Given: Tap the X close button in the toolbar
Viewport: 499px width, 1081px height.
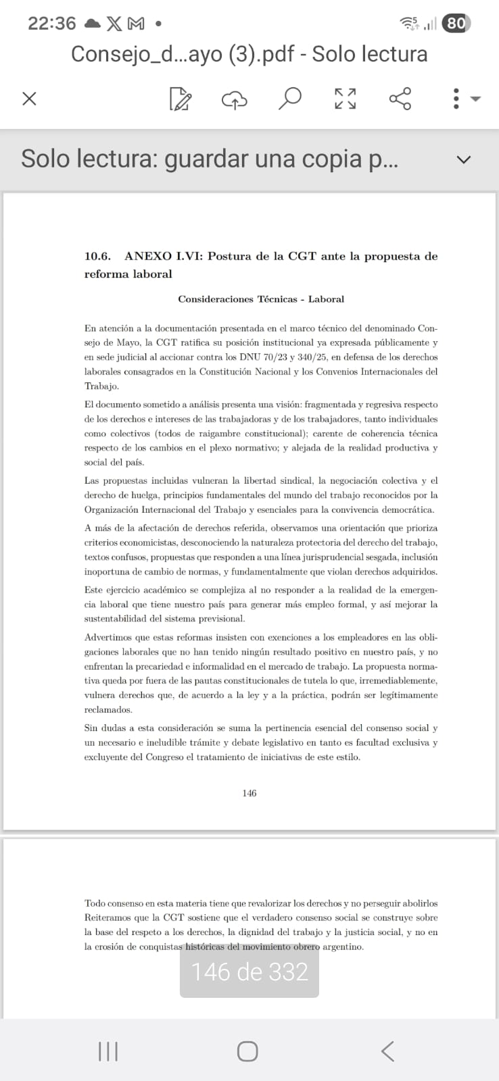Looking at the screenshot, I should point(29,99).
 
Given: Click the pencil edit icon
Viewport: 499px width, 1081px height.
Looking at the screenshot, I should point(180,99).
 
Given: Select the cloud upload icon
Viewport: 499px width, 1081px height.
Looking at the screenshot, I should point(235,99).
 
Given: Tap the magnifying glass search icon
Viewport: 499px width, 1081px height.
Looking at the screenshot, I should point(289,99).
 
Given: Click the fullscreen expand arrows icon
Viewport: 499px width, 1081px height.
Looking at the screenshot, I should point(345,99).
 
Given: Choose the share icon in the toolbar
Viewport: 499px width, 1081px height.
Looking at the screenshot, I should point(400,99).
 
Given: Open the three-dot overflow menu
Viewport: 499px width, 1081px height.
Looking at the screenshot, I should point(457,99).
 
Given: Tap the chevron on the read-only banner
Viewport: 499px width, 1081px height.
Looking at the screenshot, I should point(463,160).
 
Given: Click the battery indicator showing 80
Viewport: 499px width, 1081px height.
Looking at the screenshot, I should point(456,24).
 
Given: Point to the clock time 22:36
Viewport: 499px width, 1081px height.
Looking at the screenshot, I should point(51,24).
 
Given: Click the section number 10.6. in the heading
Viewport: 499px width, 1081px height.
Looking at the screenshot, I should point(97,256).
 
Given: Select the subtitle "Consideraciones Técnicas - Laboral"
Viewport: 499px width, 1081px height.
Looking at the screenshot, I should point(261,299).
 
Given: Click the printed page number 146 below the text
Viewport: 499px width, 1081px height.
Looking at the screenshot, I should point(249,793).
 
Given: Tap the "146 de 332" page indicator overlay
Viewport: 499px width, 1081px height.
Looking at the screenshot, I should point(249,972).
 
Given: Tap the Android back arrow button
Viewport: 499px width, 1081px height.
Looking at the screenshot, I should point(387,1051).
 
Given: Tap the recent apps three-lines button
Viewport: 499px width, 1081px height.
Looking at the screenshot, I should point(108,1051).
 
